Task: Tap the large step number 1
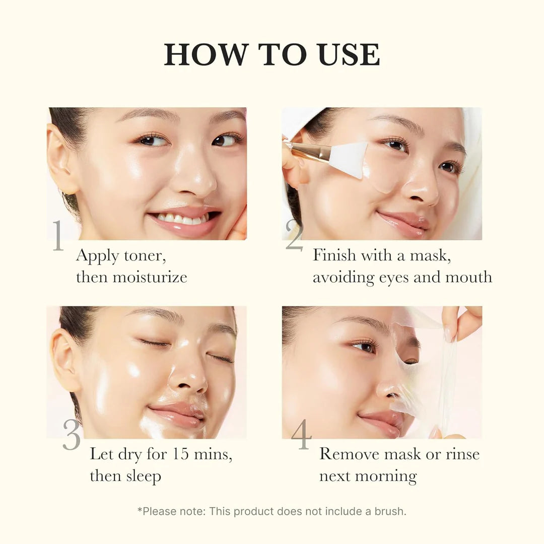[58, 235]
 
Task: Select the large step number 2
[294, 235]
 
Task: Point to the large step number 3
[72, 434]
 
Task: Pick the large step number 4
[301, 434]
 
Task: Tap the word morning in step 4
[389, 476]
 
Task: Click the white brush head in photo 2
[351, 158]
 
